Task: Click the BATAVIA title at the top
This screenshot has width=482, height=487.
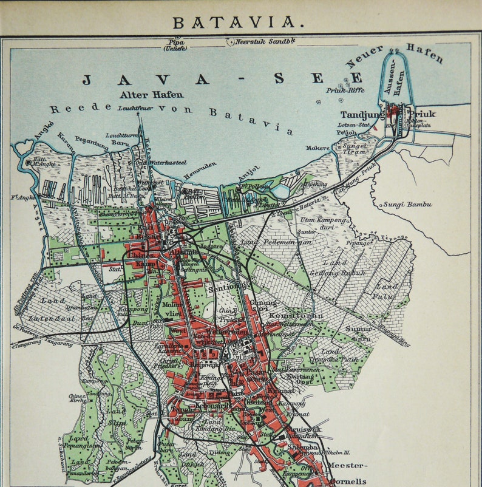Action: pyautogui.click(x=239, y=22)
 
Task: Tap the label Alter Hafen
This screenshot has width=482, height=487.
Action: pyautogui.click(x=151, y=95)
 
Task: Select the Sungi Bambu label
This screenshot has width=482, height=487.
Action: pyautogui.click(x=407, y=204)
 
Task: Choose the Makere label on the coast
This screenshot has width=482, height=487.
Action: pyautogui.click(x=317, y=148)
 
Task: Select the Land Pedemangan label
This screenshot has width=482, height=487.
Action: pyautogui.click(x=273, y=242)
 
